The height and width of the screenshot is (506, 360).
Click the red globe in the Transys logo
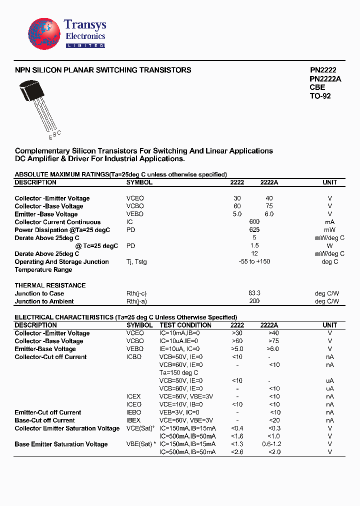pyautogui.click(x=44, y=34)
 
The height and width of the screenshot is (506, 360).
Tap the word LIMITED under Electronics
pyautogui.click(x=85, y=45)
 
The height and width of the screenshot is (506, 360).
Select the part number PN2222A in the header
pyautogui.click(x=325, y=79)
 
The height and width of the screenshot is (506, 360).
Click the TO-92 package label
pyautogui.click(x=320, y=96)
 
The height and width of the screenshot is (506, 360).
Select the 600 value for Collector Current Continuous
pyautogui.click(x=254, y=222)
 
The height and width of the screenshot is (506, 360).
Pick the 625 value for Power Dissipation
pyautogui.click(x=254, y=230)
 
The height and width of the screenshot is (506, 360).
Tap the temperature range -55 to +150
pyautogui.click(x=254, y=262)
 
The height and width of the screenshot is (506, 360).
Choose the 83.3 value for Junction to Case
pyautogui.click(x=254, y=293)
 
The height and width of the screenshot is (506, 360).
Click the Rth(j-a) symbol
pyautogui.click(x=136, y=301)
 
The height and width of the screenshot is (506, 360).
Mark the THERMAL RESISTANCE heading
pyautogui.click(x=50, y=285)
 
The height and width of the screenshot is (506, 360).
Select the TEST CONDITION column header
pyautogui.click(x=185, y=325)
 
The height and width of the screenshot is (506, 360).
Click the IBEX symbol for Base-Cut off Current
pyautogui.click(x=134, y=420)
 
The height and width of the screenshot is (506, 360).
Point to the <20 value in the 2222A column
pyautogui.click(x=274, y=420)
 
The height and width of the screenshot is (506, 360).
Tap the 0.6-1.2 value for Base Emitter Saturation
pyautogui.click(x=272, y=444)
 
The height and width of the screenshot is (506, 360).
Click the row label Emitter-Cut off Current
pyautogui.click(x=48, y=412)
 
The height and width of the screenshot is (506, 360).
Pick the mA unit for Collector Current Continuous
pyautogui.click(x=329, y=222)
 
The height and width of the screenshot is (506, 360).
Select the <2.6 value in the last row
pyautogui.click(x=237, y=452)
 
